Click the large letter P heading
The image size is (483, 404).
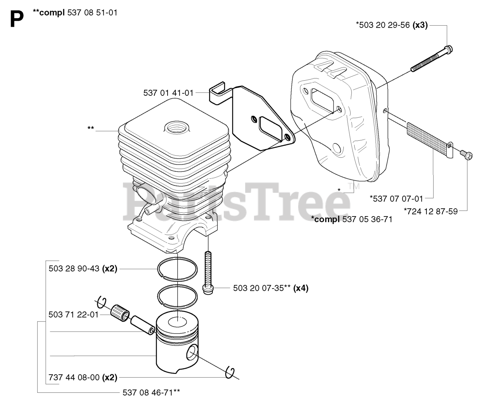[17, 19]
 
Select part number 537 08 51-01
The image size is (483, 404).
[92, 12]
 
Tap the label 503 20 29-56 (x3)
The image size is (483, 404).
[392, 25]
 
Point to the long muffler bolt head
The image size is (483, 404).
[449, 49]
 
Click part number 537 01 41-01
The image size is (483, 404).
[168, 93]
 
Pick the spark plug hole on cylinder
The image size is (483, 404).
[176, 127]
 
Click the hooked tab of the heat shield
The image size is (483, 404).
[217, 92]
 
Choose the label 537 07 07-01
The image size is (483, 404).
[396, 198]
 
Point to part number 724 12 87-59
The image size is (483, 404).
[431, 211]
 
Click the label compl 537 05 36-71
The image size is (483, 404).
[352, 219]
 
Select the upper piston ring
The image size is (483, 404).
[177, 269]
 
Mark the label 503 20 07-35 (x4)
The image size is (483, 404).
[271, 288]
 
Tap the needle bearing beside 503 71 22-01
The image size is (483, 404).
[119, 313]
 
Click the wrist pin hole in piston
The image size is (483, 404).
[192, 352]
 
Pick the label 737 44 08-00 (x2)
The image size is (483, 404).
[83, 377]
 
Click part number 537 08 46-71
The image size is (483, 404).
[151, 392]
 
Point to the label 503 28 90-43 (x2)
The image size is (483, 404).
[83, 269]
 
